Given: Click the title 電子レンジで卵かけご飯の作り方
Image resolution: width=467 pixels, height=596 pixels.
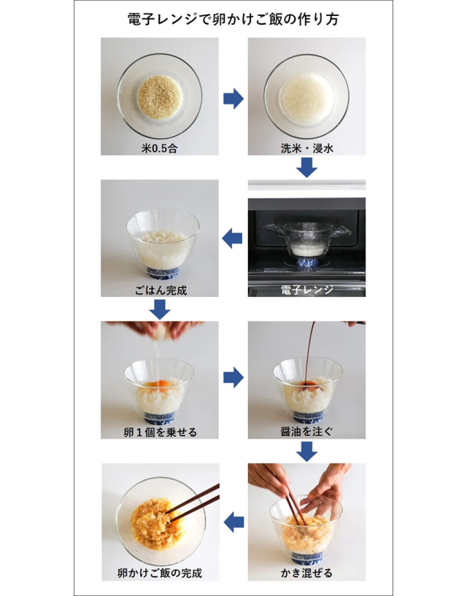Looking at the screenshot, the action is pyautogui.click(x=233, y=19).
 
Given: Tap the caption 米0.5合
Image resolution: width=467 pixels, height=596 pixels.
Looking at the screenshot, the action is pyautogui.click(x=159, y=148).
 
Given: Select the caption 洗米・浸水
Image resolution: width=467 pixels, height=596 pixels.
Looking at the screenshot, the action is pyautogui.click(x=307, y=148).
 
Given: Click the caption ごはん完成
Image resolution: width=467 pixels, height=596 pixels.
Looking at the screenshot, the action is pyautogui.click(x=161, y=290).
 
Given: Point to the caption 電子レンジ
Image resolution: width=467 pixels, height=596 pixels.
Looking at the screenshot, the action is pyautogui.click(x=307, y=290).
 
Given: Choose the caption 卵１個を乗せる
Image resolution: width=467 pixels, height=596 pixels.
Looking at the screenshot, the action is pyautogui.click(x=160, y=432).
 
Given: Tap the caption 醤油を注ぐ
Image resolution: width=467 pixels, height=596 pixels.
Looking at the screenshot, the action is pyautogui.click(x=307, y=431).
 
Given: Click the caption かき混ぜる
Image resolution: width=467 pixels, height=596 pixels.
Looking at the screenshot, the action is pyautogui.click(x=306, y=573).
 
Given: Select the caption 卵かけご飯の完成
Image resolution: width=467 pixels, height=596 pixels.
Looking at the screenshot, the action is pyautogui.click(x=160, y=573).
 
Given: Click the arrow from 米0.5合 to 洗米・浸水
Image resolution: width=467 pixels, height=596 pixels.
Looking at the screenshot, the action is pyautogui.click(x=233, y=98).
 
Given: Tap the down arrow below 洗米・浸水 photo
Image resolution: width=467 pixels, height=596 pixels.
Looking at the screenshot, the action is pyautogui.click(x=306, y=167).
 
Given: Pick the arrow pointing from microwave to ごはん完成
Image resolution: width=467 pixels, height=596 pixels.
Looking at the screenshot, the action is pyautogui.click(x=232, y=239).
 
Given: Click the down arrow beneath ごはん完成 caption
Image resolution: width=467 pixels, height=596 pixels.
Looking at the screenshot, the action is pyautogui.click(x=160, y=309).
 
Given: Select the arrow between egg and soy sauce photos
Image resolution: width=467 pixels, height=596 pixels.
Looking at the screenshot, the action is pyautogui.click(x=233, y=377).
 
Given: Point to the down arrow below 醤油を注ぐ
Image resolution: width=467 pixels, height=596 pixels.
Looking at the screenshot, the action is pyautogui.click(x=306, y=451).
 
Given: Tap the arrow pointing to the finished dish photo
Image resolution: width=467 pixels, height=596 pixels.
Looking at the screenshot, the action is pyautogui.click(x=233, y=522).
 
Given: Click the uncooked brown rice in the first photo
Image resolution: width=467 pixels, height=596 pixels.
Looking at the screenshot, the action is pyautogui.click(x=160, y=97).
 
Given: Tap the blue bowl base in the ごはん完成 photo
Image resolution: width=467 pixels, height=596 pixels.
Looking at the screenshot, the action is pyautogui.click(x=163, y=272).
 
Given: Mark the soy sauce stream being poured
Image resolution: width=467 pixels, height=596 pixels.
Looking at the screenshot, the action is pyautogui.click(x=310, y=352).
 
